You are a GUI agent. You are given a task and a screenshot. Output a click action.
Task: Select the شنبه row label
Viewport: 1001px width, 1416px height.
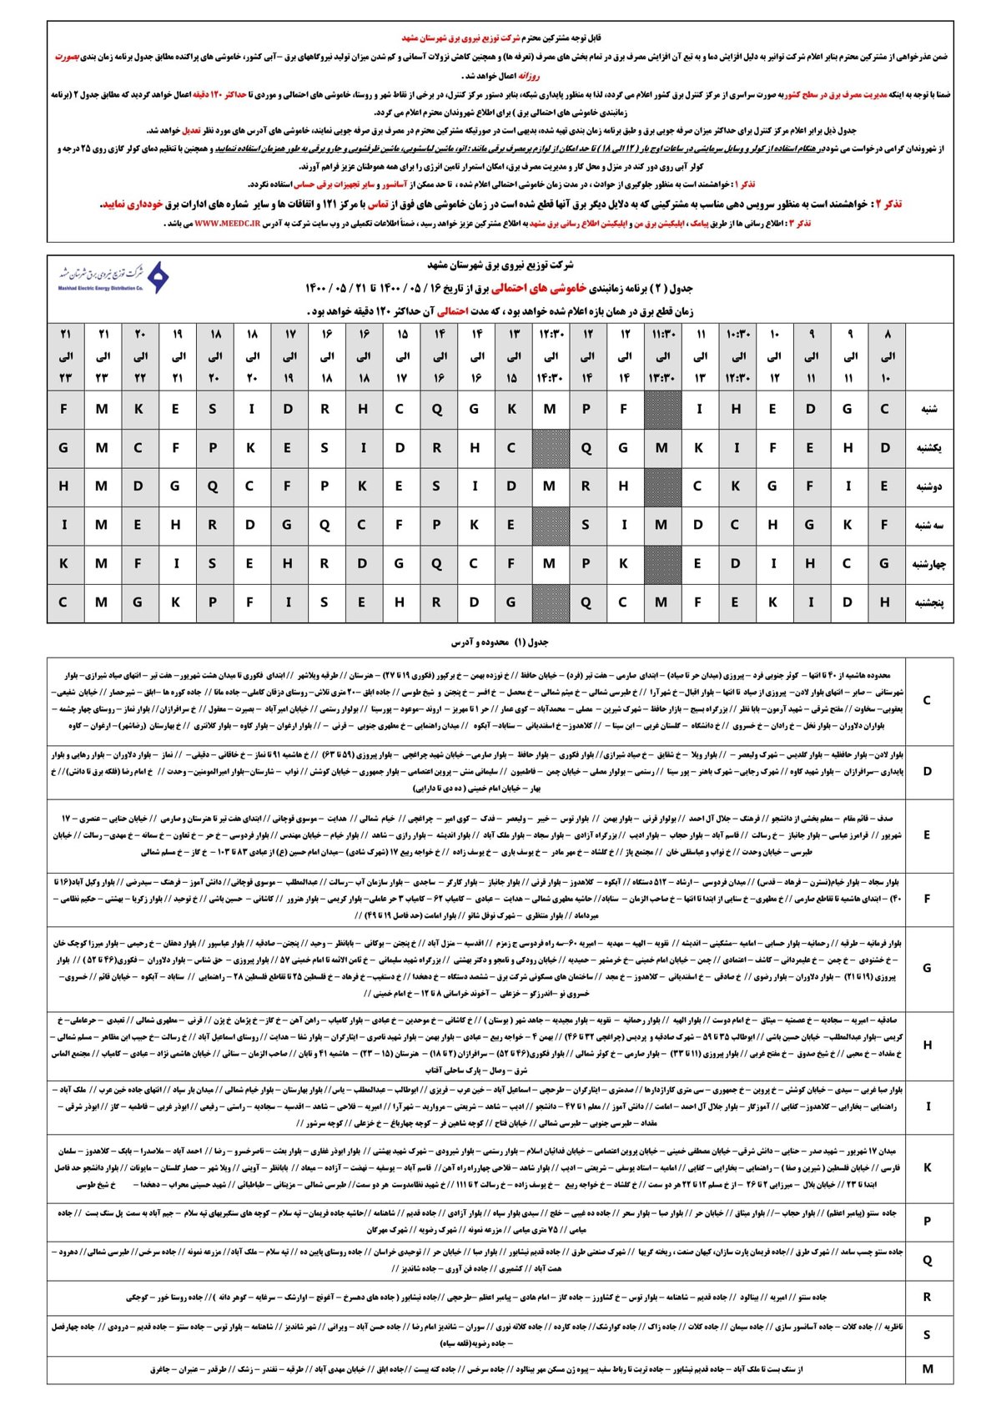[x=928, y=409]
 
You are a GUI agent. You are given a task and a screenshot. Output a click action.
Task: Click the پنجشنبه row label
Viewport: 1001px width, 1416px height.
[x=928, y=602]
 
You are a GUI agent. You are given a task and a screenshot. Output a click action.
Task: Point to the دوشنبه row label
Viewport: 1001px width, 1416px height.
[x=928, y=486]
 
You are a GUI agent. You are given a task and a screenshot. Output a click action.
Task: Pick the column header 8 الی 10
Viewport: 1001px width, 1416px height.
[x=887, y=355]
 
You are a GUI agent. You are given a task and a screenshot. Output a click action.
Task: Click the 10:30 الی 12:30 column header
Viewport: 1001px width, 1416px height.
[x=738, y=355]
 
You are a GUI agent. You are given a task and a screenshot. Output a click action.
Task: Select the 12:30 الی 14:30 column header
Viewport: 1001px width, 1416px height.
[x=550, y=355]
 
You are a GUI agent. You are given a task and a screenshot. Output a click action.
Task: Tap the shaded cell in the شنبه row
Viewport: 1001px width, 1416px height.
[x=663, y=409]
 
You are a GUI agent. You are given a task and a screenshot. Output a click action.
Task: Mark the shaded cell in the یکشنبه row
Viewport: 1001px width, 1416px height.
[x=550, y=447]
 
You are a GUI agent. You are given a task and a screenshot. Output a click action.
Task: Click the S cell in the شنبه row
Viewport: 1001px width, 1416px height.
[x=213, y=409]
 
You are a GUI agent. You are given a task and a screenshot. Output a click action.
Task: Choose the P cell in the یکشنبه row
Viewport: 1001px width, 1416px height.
[x=213, y=447]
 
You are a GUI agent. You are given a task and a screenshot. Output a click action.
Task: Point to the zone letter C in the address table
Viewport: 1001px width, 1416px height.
[x=927, y=700]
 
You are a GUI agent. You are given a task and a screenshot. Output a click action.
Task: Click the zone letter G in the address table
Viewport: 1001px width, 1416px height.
[x=927, y=968]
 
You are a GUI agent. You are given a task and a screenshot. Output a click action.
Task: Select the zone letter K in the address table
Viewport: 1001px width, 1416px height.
[x=927, y=1167]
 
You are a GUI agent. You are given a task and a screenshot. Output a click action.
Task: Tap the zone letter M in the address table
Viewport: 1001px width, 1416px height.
[x=927, y=1368]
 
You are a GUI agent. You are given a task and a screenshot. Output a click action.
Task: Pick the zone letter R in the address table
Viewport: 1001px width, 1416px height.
[x=927, y=1297]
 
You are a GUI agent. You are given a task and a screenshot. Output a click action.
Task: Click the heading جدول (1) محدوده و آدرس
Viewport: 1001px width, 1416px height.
[x=500, y=642]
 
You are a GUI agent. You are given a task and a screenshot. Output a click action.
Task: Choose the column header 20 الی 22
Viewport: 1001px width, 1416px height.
[x=139, y=355]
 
